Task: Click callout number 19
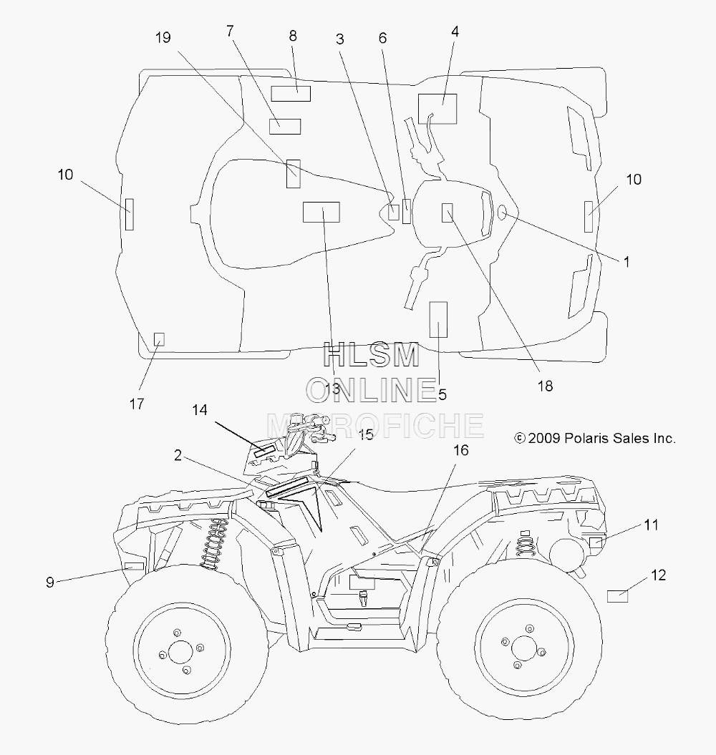(163, 37)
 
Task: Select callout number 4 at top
(455, 31)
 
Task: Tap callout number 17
(136, 404)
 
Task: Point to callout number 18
(545, 386)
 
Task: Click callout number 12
(658, 575)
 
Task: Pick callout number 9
(49, 582)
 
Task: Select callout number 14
(200, 410)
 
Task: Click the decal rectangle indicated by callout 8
(291, 94)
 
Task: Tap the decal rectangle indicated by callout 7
(285, 126)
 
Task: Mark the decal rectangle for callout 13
(321, 212)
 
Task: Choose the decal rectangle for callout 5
(438, 320)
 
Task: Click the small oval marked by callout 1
(502, 212)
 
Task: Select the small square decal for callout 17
(158, 339)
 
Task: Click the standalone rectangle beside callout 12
(617, 596)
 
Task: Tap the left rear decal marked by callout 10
(129, 214)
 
